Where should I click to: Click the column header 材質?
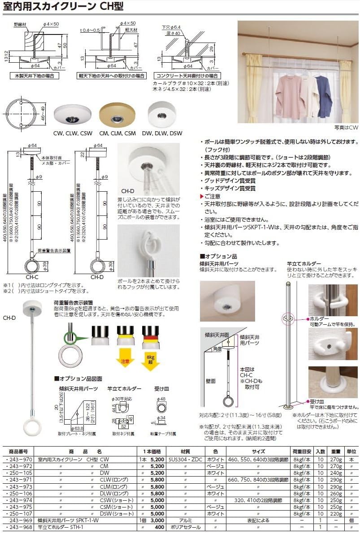coord(185,451)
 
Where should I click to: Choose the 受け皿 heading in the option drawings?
coord(161,389)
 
